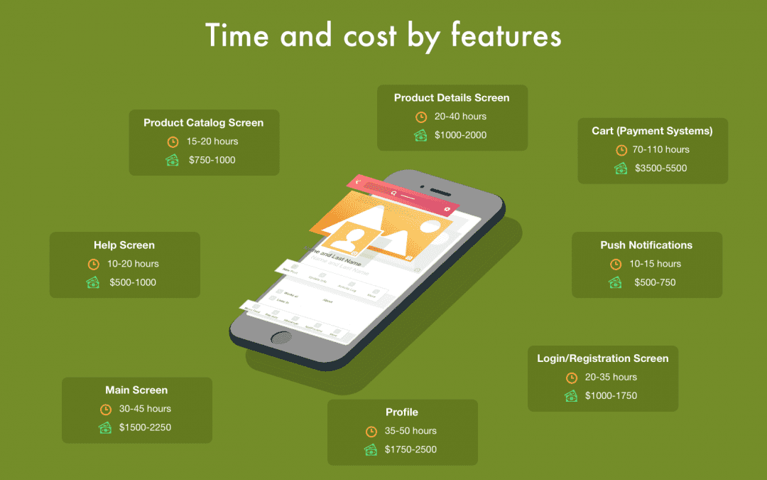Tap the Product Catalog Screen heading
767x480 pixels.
click(x=203, y=123)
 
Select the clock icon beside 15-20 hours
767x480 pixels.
click(x=173, y=142)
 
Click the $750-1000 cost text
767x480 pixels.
click(x=212, y=161)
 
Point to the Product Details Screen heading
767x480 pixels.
click(x=452, y=97)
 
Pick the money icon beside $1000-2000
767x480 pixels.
click(x=420, y=135)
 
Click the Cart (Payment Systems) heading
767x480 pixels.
click(x=652, y=131)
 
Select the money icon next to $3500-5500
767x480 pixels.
click(x=621, y=169)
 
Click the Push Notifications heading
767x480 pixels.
click(x=646, y=245)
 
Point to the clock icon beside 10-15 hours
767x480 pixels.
click(x=616, y=265)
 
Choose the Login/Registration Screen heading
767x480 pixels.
click(x=602, y=358)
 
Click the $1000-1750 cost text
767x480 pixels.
click(x=611, y=396)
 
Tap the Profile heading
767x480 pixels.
click(x=402, y=412)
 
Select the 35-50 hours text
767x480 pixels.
click(x=411, y=431)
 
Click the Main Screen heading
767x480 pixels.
click(x=136, y=390)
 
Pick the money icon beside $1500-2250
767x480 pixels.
click(x=105, y=428)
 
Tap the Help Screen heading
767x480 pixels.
click(x=124, y=245)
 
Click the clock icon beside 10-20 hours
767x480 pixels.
click(x=93, y=265)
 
